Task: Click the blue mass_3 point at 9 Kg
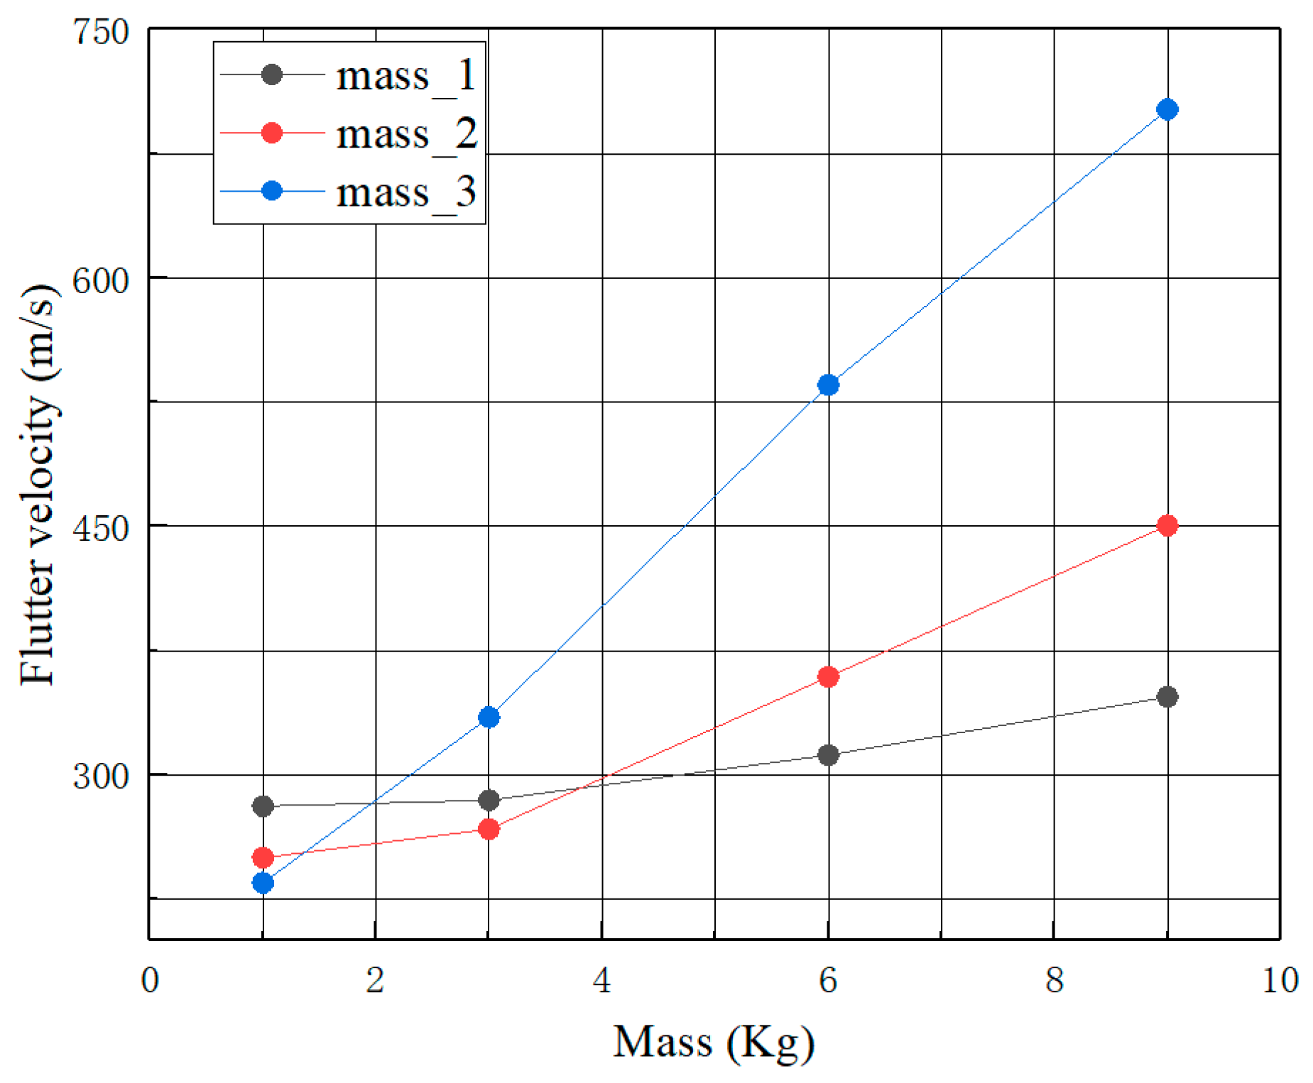click(x=1167, y=109)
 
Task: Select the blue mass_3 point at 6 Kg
click(x=828, y=385)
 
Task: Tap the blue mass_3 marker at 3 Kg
click(x=489, y=717)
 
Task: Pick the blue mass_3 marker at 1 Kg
click(x=263, y=882)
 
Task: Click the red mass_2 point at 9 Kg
click(x=1167, y=525)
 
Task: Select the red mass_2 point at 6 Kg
click(x=828, y=676)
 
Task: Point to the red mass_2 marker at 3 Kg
click(x=489, y=828)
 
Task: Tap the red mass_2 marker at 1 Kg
click(x=263, y=857)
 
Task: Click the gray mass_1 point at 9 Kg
click(x=1167, y=696)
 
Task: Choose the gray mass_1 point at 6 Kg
click(x=828, y=754)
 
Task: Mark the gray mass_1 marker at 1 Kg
click(x=263, y=806)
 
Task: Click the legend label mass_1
click(x=405, y=75)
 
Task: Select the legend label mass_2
click(x=405, y=133)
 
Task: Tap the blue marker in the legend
click(x=272, y=191)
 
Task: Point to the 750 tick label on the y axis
click(x=102, y=32)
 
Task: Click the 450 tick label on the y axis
click(x=102, y=528)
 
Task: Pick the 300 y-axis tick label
click(x=102, y=776)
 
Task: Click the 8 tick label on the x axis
click(x=1054, y=980)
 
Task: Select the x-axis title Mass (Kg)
click(x=713, y=1042)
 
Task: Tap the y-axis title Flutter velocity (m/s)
click(x=37, y=484)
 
